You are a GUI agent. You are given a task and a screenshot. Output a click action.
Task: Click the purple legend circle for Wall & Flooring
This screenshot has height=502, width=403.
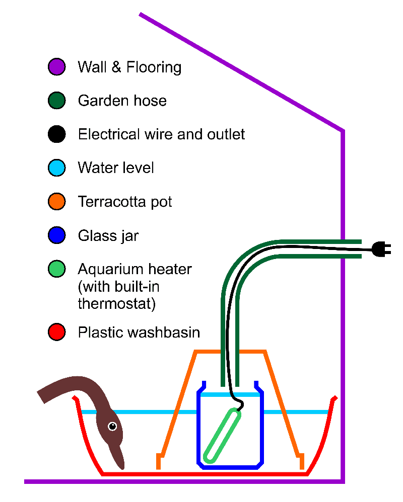[x=56, y=67]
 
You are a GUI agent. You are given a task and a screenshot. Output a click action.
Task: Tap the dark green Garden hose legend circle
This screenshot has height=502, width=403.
[x=56, y=101]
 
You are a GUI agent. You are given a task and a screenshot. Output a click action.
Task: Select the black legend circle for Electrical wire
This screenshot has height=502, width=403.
[x=56, y=134]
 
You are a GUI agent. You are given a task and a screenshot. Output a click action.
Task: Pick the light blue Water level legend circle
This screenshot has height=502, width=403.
[x=56, y=168]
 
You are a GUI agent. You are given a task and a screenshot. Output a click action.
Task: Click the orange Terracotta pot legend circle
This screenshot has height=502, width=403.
[x=56, y=202]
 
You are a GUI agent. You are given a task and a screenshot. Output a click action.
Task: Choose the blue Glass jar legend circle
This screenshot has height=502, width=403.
[x=56, y=235]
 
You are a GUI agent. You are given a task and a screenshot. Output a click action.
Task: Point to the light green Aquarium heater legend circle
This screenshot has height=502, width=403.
[x=56, y=269]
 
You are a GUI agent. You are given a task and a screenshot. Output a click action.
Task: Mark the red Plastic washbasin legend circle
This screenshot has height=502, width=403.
[x=56, y=332]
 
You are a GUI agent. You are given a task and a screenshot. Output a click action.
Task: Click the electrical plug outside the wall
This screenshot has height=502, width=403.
[x=381, y=248]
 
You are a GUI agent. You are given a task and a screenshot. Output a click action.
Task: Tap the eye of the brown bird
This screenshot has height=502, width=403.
[x=112, y=427]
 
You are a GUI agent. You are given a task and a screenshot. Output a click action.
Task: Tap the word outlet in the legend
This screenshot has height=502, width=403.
[x=225, y=135]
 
